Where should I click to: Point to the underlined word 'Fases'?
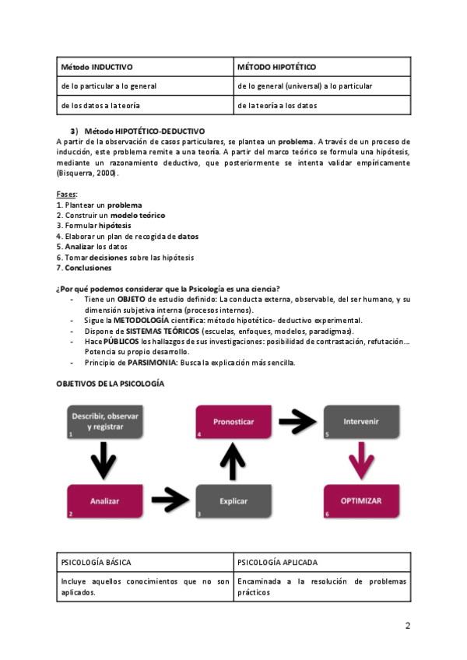[67, 193]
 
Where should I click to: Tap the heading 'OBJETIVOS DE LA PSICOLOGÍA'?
[111, 384]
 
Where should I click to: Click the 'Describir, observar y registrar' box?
[104, 421]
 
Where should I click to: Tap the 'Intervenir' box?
[360, 421]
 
